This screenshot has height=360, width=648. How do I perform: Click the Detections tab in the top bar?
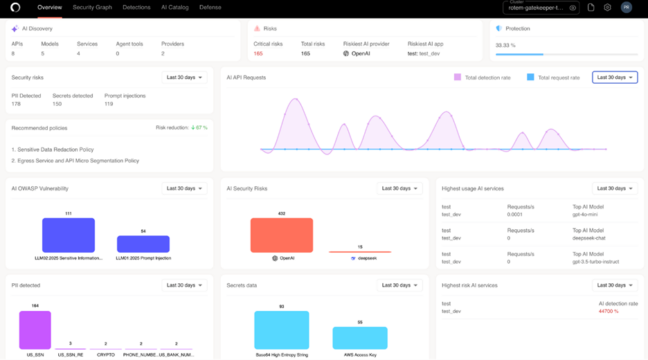coord(136,7)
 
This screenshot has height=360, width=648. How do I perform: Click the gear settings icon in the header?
coord(607,7)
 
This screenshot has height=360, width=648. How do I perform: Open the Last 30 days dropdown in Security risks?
coord(186,77)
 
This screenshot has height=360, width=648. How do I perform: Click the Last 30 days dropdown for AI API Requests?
coord(614,77)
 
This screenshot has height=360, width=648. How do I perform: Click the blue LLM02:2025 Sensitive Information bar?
coord(68,235)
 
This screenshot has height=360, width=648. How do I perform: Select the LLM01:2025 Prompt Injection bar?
coord(143,243)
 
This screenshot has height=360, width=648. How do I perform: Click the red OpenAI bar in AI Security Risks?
coord(281,236)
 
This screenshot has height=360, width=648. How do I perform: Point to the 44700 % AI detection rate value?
coord(608,311)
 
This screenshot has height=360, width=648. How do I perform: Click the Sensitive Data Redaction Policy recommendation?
coord(57,148)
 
